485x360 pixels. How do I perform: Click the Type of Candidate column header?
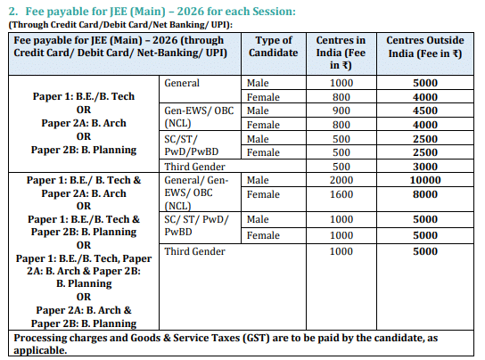pos(274,47)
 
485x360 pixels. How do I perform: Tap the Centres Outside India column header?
pos(425,53)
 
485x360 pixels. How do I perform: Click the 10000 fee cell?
pos(424,181)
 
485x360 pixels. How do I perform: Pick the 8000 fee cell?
pos(424,194)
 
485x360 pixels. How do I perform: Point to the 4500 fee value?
pos(424,110)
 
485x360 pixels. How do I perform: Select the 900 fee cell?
pos(342,110)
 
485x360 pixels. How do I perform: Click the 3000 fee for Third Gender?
pos(424,167)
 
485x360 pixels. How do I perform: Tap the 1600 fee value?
pos(342,194)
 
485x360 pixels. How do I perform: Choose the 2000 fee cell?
pos(342,181)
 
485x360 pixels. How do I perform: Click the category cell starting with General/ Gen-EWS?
pos(197,192)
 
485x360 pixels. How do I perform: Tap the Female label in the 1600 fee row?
pos(263,194)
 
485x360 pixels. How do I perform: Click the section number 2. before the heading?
pos(13,11)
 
